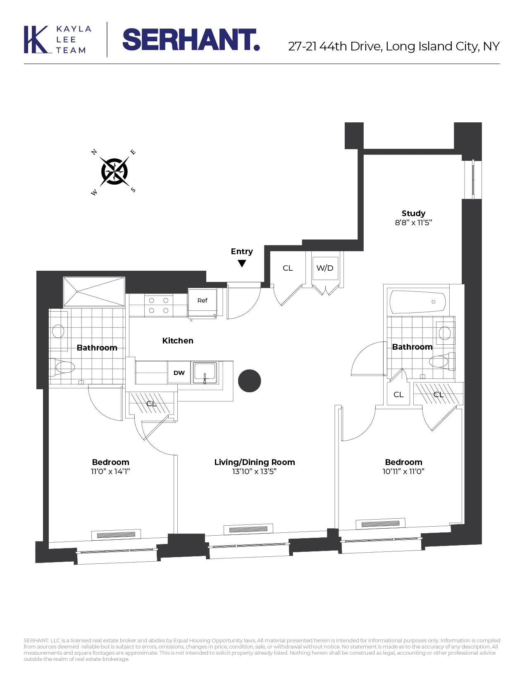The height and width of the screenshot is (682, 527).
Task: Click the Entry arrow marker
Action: coord(242,263)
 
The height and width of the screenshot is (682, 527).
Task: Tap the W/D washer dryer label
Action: coord(325,268)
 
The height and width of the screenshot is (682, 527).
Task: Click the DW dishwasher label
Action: coord(179,373)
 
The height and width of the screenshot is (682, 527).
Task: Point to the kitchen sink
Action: coord(205,372)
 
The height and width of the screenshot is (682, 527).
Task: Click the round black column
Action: coord(250,381)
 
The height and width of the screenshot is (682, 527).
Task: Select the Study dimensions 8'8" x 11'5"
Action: coord(413,223)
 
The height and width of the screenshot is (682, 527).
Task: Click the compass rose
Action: coord(114,171)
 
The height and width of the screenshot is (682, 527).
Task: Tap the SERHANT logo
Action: coord(191,40)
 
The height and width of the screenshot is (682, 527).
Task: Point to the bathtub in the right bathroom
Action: coord(417,302)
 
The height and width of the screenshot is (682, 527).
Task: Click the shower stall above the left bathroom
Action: coord(94,291)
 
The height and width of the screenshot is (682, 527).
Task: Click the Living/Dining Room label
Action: coord(255,462)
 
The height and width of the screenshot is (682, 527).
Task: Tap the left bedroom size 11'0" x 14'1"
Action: coord(110,472)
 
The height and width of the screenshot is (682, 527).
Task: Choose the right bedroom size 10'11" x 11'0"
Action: coord(403,472)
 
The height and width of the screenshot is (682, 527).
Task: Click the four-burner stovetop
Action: coord(159,305)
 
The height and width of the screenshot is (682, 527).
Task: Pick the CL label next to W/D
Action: coord(288,268)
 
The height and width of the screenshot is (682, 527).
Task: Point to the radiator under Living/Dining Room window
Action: coord(248,529)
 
